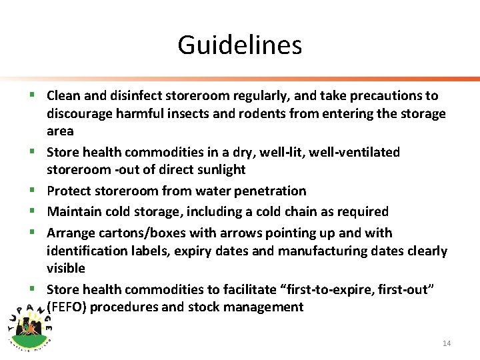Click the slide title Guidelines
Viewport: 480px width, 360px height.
click(239, 45)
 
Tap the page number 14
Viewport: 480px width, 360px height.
click(447, 343)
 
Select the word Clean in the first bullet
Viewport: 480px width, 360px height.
click(63, 96)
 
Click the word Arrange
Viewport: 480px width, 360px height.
click(71, 233)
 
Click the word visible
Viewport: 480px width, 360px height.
click(66, 269)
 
